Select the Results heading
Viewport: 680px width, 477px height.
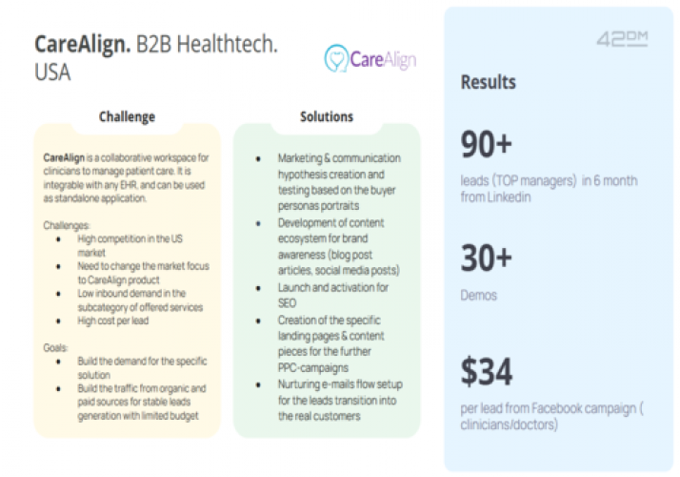pos(489,83)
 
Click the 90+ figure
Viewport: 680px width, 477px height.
pos(487,146)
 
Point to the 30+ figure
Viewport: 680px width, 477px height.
pos(487,260)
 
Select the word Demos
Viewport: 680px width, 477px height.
pos(479,296)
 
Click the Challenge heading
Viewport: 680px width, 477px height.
pos(127,117)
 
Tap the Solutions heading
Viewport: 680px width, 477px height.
pos(327,117)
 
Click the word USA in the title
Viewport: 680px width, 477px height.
pos(52,73)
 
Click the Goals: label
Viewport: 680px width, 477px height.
pos(57,349)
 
